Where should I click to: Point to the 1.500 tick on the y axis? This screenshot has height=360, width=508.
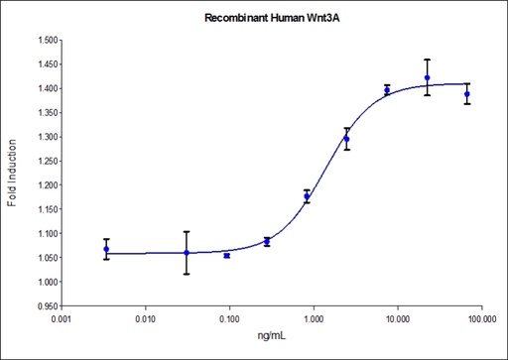coord(44,41)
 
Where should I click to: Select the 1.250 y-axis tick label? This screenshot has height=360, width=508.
coord(44,162)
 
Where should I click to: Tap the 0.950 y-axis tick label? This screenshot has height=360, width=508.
coord(44,306)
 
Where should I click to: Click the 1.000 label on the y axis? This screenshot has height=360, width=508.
coord(44,283)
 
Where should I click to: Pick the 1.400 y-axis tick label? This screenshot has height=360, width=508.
coord(44,89)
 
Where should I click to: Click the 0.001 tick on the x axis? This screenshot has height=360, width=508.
coord(62,319)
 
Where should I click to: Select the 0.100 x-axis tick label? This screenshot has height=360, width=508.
coord(229,319)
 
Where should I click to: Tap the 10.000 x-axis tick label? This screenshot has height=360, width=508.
coord(397,319)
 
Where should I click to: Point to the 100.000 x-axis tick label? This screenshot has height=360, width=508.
coord(481,319)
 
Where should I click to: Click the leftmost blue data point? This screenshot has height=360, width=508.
coord(106,249)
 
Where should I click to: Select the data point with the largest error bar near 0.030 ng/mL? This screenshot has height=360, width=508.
coord(187,253)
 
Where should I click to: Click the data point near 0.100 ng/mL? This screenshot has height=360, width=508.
coord(227,256)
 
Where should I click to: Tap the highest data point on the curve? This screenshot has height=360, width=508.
coord(427,77)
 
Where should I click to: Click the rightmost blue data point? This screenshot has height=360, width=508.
coord(467,94)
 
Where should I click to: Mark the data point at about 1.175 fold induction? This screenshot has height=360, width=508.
coord(307,196)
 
